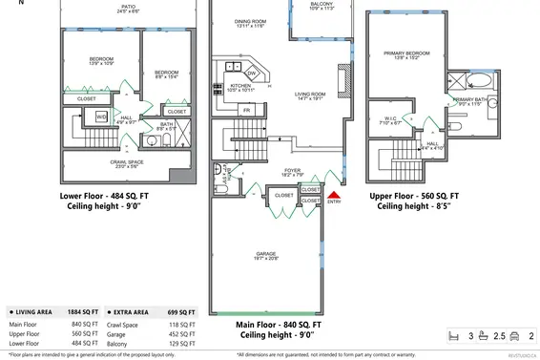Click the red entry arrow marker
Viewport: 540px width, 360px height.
click(334, 194)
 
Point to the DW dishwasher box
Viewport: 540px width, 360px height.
click(252, 74)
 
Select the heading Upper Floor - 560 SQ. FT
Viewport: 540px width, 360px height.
click(414, 195)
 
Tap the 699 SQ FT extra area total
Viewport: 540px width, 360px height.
click(180, 311)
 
